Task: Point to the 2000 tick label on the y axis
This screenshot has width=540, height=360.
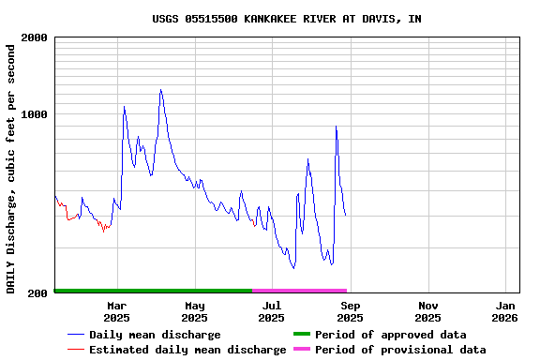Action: (x=35, y=37)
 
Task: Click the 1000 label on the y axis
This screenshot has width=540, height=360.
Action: (x=35, y=114)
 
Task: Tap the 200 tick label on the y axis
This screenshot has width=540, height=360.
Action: (x=38, y=293)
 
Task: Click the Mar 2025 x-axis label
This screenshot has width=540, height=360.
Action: (x=117, y=311)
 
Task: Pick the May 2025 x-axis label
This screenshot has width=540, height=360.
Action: (x=195, y=311)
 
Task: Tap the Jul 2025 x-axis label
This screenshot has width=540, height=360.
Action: (x=272, y=311)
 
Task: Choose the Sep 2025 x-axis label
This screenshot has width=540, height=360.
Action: (x=350, y=311)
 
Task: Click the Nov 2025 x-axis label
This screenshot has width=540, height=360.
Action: (x=427, y=311)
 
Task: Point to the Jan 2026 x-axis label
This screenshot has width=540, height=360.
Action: (x=506, y=311)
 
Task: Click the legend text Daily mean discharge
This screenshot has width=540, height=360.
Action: (x=155, y=335)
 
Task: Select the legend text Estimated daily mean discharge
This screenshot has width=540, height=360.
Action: (x=187, y=350)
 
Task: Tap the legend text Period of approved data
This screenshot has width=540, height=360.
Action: (x=390, y=335)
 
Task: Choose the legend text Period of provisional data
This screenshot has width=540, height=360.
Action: (x=400, y=350)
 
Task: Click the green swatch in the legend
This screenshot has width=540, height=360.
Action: (x=302, y=335)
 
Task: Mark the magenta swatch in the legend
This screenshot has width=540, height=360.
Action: (x=302, y=350)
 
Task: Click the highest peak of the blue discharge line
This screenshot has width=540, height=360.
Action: (x=160, y=90)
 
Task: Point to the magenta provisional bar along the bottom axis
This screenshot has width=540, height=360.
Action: (x=300, y=291)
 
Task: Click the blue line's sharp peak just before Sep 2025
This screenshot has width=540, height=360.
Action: (x=336, y=127)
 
